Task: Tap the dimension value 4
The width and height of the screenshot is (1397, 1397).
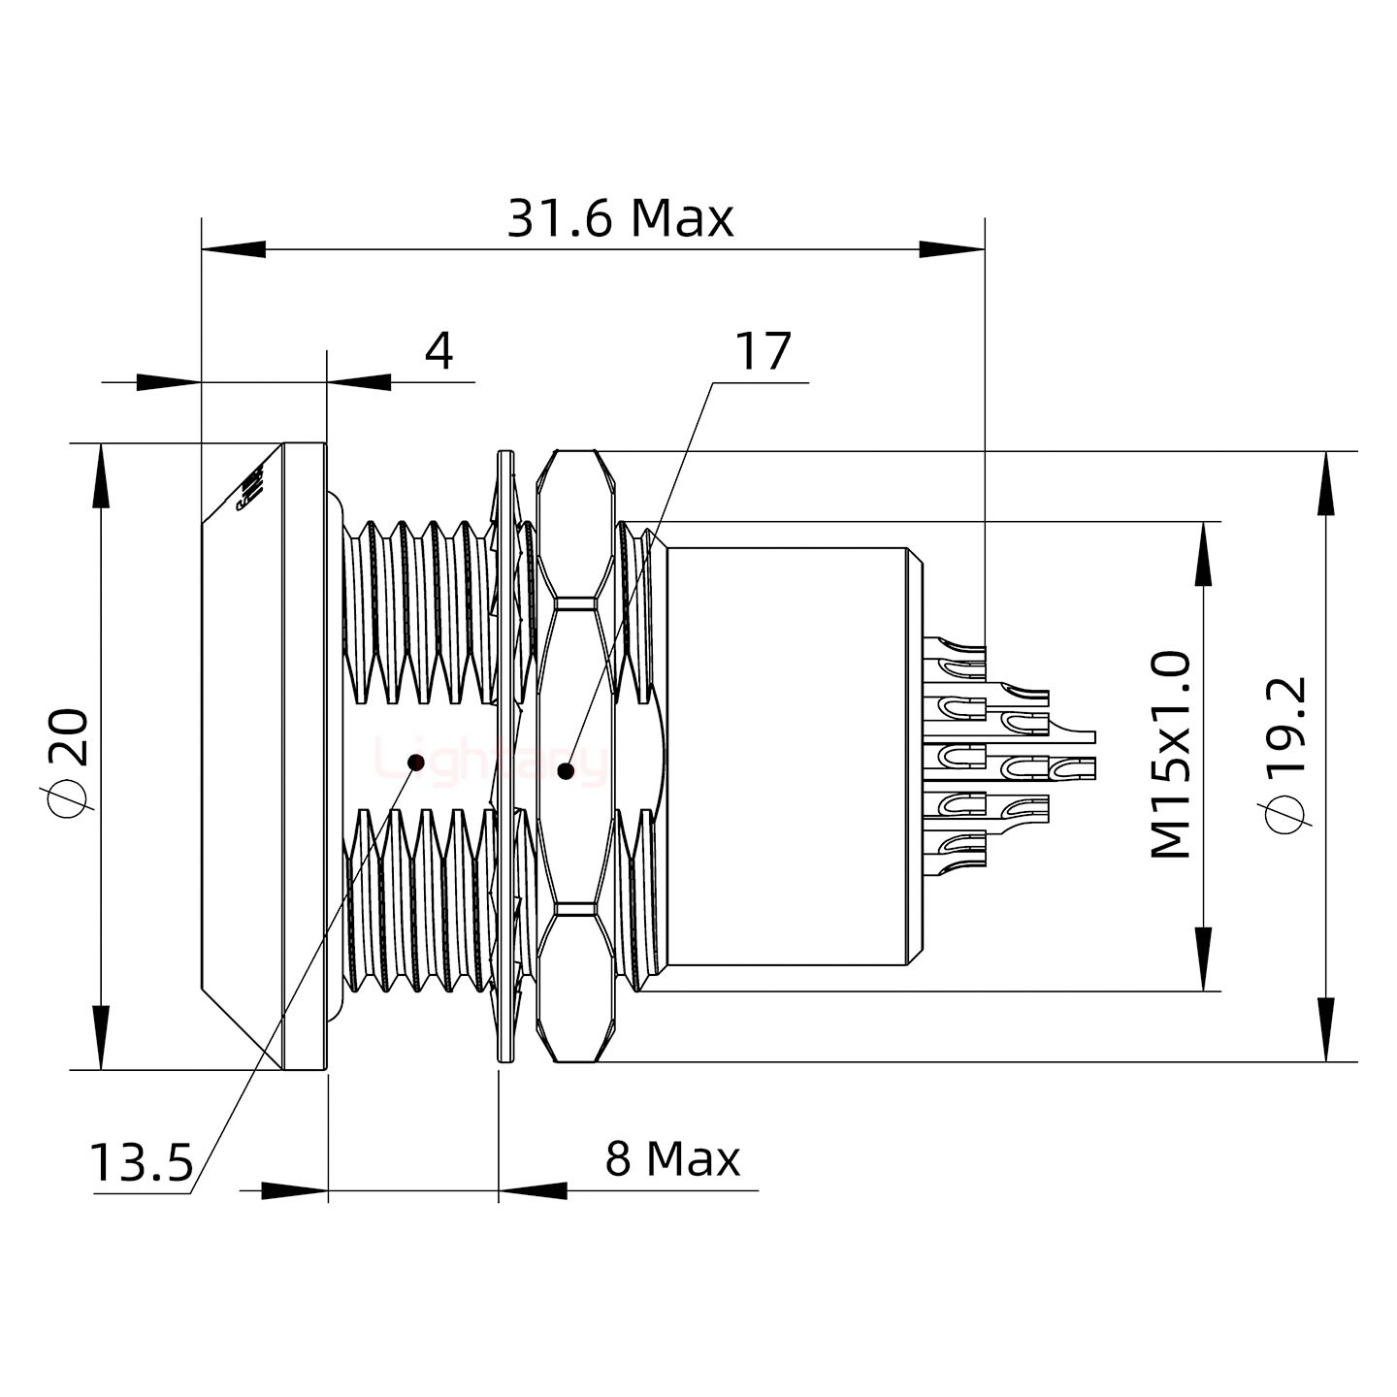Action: pyautogui.click(x=439, y=351)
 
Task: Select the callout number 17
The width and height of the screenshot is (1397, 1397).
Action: pyautogui.click(x=763, y=351)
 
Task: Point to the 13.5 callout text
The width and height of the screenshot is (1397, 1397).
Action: pyautogui.click(x=142, y=1162)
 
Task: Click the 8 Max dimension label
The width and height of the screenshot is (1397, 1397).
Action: pyautogui.click(x=671, y=1158)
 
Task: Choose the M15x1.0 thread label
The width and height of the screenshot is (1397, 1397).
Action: pyautogui.click(x=1171, y=755)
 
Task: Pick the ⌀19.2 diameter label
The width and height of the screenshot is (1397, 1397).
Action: pyautogui.click(x=1287, y=755)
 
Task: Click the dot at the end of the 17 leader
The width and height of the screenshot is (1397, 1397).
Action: pyautogui.click(x=566, y=772)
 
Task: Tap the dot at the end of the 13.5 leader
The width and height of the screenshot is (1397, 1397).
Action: pyautogui.click(x=416, y=762)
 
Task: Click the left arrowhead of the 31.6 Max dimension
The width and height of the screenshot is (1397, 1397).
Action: pyautogui.click(x=233, y=249)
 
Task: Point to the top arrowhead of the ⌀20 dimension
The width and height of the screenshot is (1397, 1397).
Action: pyautogui.click(x=101, y=475)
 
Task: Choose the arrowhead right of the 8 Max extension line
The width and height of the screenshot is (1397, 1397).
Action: pyautogui.click(x=534, y=1190)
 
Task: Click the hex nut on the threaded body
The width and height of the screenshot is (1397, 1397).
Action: pyautogui.click(x=576, y=757)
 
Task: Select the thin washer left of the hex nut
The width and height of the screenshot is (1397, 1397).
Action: pyautogui.click(x=504, y=757)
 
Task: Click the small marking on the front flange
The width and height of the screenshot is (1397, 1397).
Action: pyautogui.click(x=251, y=490)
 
